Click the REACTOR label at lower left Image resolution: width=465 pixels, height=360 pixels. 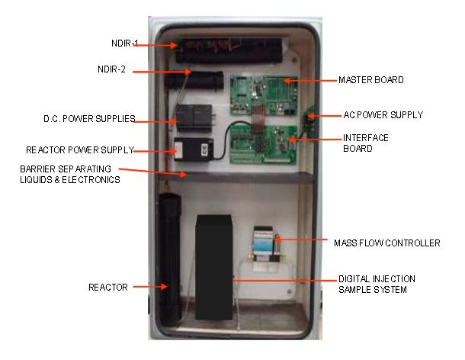(x=107, y=288)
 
